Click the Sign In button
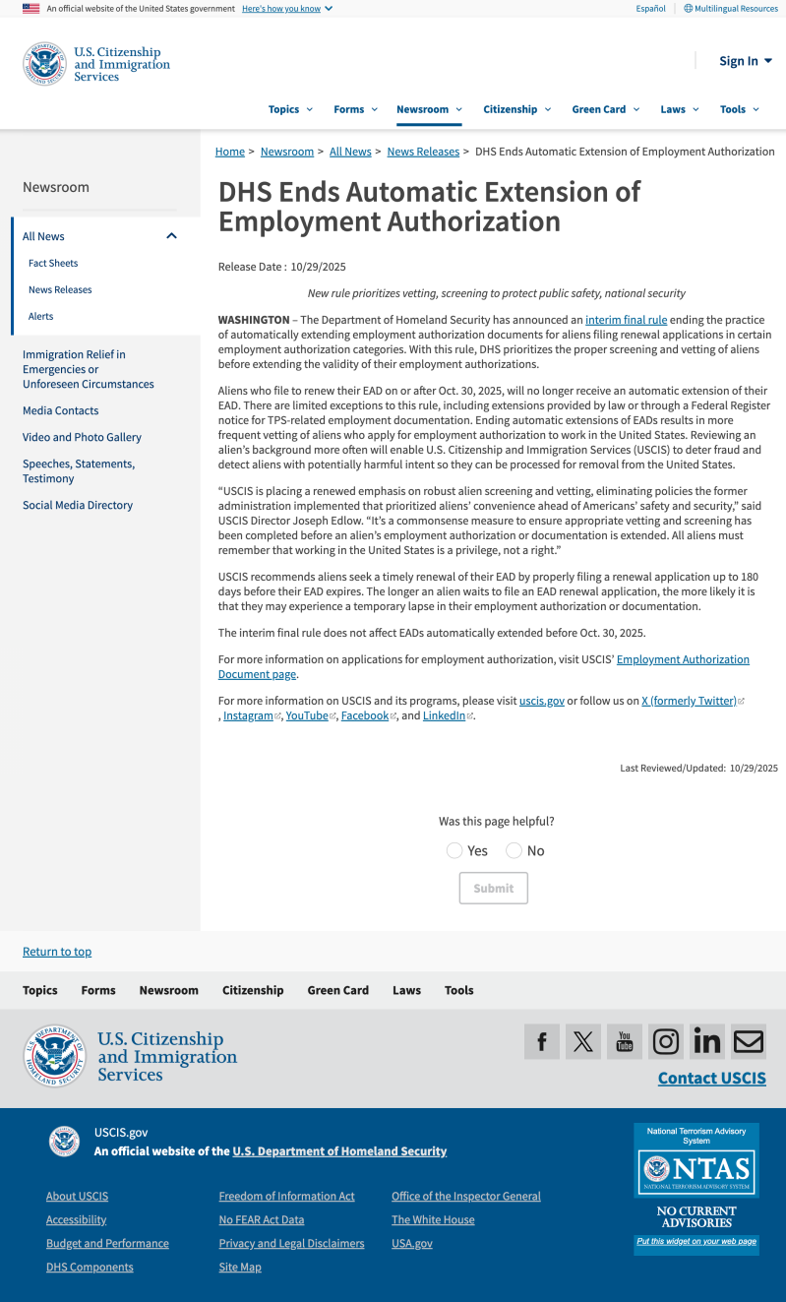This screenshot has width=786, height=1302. click(745, 61)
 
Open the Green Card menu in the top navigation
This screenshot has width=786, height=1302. click(605, 109)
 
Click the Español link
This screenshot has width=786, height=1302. click(650, 9)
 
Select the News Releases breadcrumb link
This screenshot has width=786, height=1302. click(423, 152)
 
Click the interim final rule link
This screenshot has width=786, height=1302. click(626, 320)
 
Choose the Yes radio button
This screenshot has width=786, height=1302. click(454, 850)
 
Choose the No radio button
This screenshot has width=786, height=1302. click(514, 850)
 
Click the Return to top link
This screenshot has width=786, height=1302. click(57, 952)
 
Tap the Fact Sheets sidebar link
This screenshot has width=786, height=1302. click(53, 263)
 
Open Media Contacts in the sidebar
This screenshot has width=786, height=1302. click(61, 410)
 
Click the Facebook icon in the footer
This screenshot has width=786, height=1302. click(542, 1041)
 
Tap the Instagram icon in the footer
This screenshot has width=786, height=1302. click(666, 1041)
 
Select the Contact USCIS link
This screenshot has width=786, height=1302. click(711, 1078)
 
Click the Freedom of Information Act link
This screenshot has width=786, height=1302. click(286, 1196)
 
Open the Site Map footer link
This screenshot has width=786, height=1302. click(240, 1267)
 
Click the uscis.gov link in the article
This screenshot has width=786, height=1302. click(541, 701)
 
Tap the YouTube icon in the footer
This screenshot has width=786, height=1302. click(625, 1041)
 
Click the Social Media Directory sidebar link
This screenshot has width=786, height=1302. click(78, 505)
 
